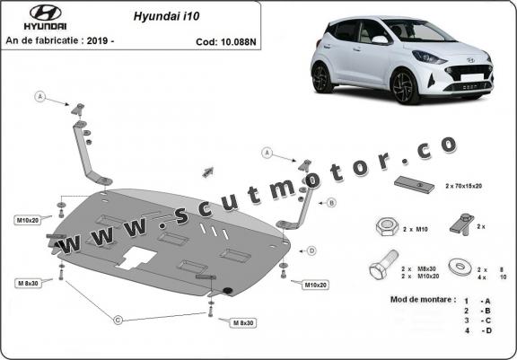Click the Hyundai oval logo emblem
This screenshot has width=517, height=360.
click(46, 13)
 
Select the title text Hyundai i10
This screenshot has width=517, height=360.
click(166, 16)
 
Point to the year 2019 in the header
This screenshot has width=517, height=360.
click(98, 40)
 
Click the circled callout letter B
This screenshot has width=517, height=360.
click(331, 203)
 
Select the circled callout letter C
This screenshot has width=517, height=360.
click(118, 320)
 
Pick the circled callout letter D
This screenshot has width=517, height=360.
click(311, 250)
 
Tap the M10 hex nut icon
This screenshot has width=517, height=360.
click(387, 227)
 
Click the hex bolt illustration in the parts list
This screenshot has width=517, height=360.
click(384, 265)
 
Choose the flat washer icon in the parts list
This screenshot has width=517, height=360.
click(460, 267)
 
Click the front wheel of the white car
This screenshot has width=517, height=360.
click(405, 86)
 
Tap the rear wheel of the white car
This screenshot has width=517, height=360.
click(321, 78)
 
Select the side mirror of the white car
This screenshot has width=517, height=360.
click(380, 40)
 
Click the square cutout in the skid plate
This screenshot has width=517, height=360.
click(137, 258)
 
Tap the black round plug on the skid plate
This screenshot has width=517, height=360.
click(227, 290)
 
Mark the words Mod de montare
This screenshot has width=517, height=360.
click(423, 300)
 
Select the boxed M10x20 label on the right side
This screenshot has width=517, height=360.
click(315, 285)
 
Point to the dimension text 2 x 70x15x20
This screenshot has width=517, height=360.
click(463, 186)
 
